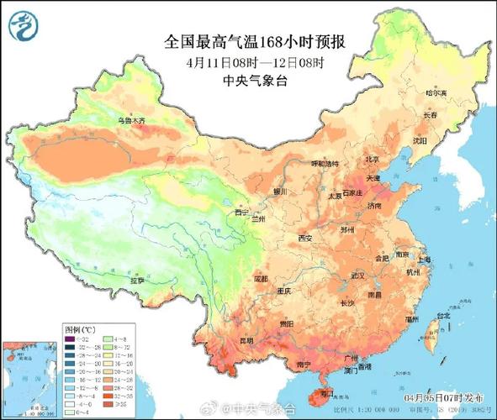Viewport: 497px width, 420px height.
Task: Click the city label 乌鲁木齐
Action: tap(130, 121)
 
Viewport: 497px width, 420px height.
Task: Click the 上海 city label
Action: tap(421, 260)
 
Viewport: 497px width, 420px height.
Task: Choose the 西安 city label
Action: tap(304, 239)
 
